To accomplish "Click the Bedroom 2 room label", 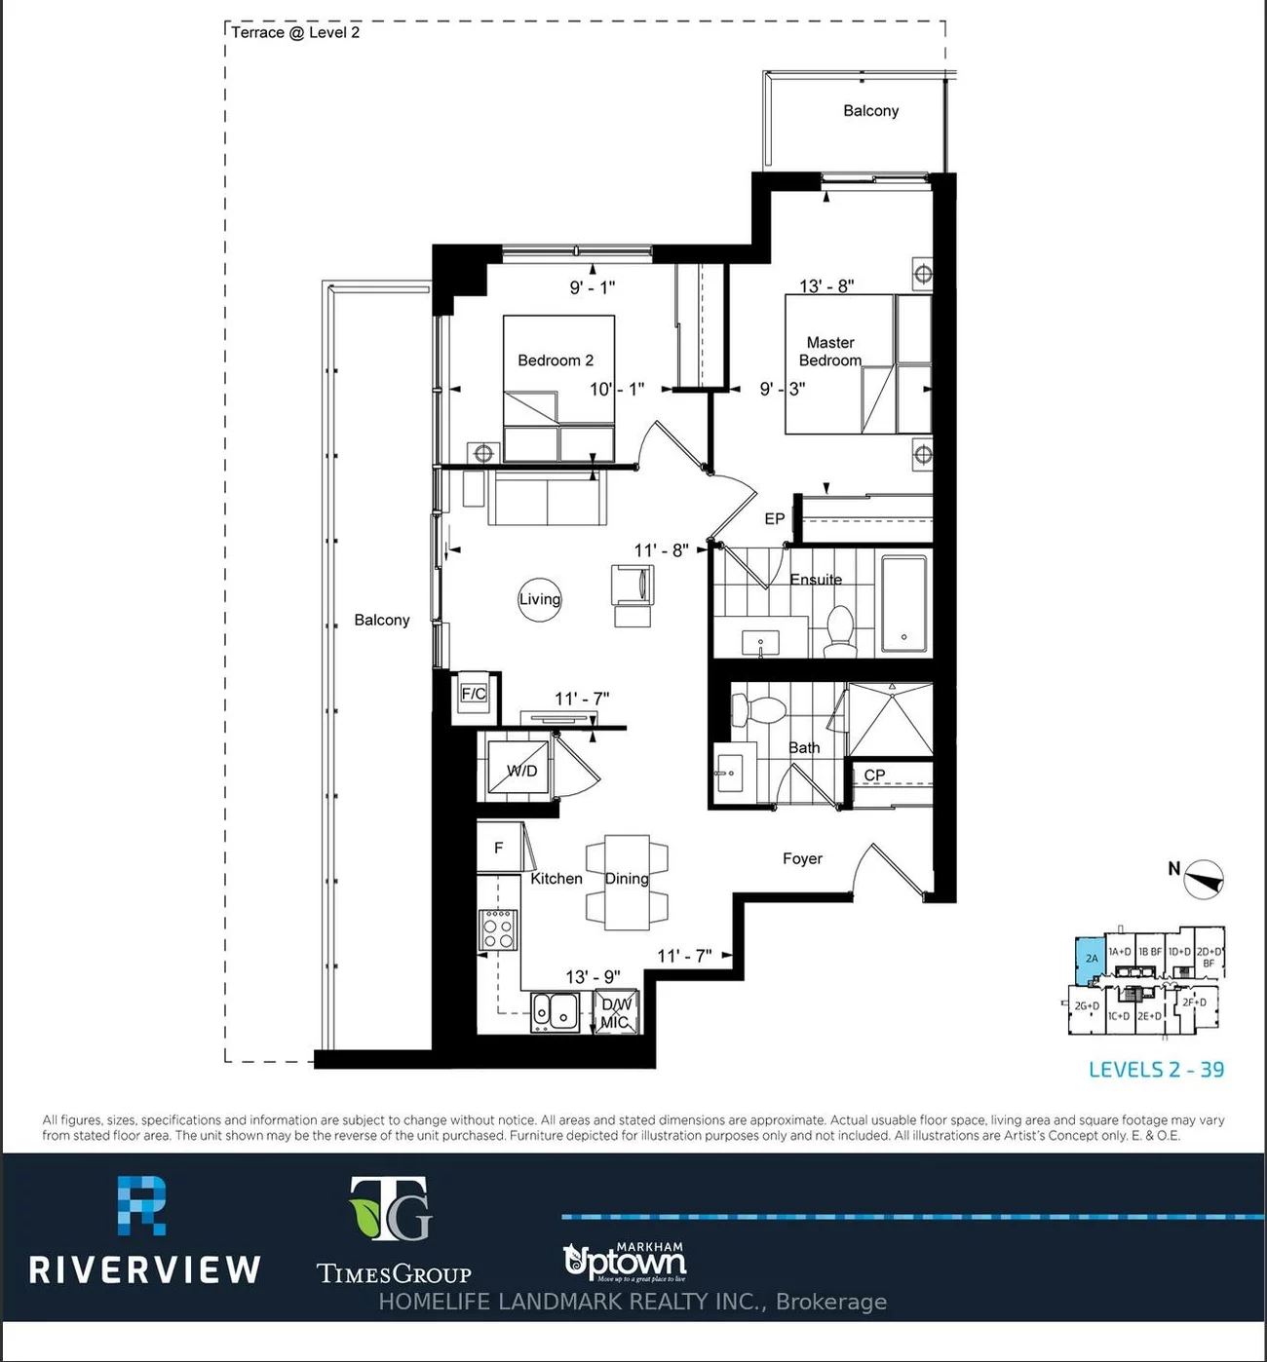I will click(x=555, y=360).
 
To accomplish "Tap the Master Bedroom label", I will click(x=830, y=352).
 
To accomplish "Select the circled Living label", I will click(x=539, y=599).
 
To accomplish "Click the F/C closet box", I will click(x=474, y=695).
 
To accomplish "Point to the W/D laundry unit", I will click(x=520, y=770).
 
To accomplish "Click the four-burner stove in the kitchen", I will click(x=498, y=928).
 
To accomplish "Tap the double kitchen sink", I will click(x=555, y=1012).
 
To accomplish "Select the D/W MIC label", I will click(x=616, y=1013).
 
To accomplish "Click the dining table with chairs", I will click(x=627, y=879).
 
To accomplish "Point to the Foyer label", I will click(x=802, y=858).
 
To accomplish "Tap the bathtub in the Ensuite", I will click(x=905, y=603).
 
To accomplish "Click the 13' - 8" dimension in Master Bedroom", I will click(x=826, y=285).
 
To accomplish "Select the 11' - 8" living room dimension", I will click(x=661, y=550).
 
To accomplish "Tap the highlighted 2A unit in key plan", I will click(x=1090, y=960).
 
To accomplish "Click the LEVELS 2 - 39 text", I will click(x=1156, y=1070).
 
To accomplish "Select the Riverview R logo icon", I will click(x=142, y=1205).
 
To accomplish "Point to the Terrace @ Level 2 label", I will click(x=295, y=32).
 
